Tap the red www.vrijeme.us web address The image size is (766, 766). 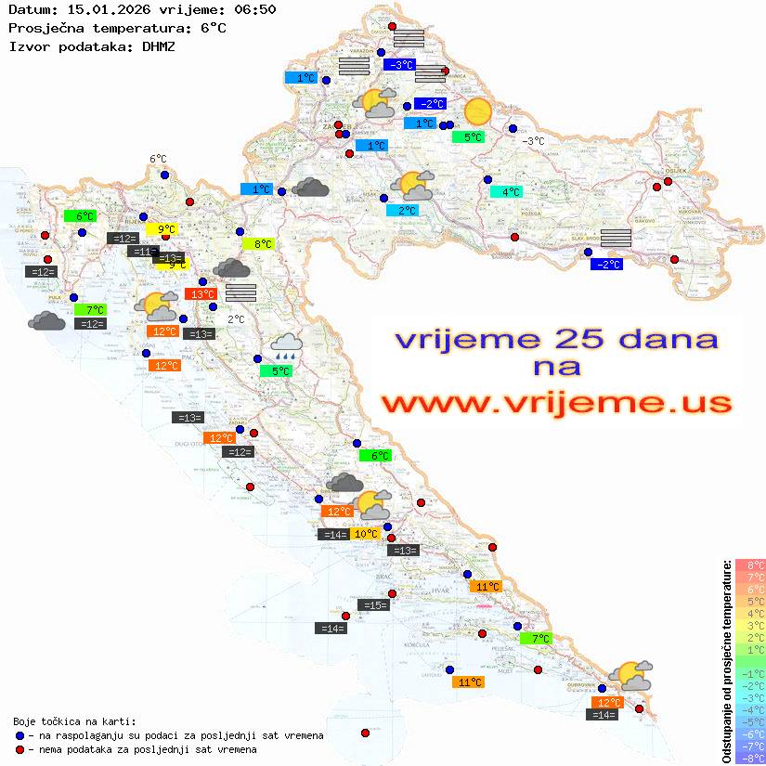[x=555, y=403]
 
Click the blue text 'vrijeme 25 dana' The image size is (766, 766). [x=555, y=339]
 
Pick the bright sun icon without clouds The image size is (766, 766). [x=478, y=111]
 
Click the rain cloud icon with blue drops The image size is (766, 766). [x=285, y=347]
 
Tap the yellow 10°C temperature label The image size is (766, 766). [x=366, y=534]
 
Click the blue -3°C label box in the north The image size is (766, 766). [x=399, y=65]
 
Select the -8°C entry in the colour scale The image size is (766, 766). [x=750, y=758]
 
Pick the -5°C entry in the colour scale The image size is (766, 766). [x=750, y=721]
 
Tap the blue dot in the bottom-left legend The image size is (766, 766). [x=20, y=735]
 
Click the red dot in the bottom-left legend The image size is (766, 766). [x=20, y=749]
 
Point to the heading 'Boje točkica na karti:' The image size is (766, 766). [x=74, y=721]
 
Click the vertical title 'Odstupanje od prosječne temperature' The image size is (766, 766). [x=726, y=661]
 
